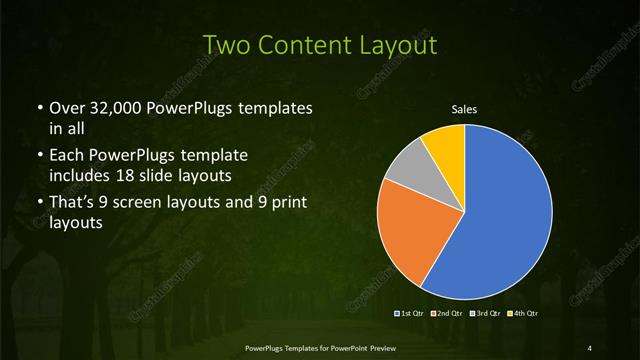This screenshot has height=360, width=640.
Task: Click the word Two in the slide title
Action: [226, 44]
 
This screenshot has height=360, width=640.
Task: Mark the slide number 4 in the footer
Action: [591, 347]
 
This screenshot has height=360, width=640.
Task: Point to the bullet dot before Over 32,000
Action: [39, 108]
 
